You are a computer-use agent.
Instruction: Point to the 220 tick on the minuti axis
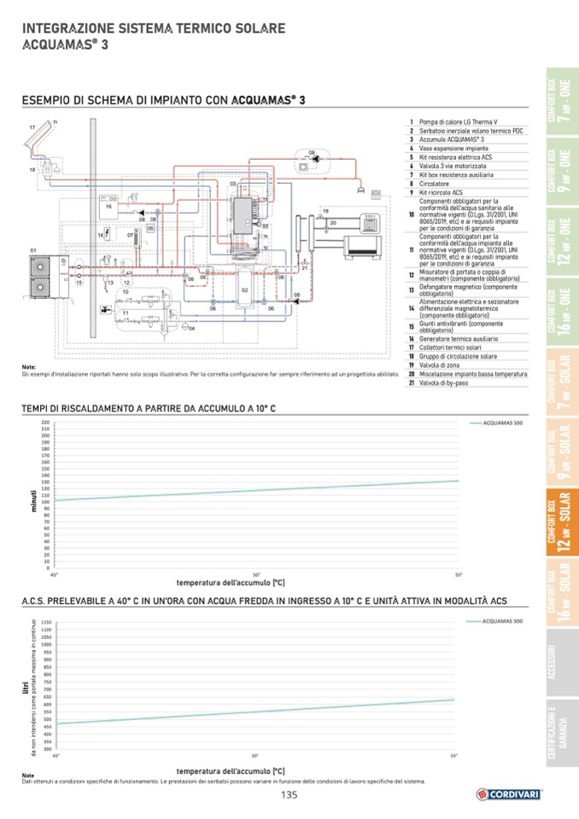pos(44,422)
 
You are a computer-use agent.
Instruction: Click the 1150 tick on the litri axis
pos(46,623)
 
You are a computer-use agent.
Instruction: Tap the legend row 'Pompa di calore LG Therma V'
pos(453,122)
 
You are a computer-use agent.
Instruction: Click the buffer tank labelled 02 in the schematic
pos(245,290)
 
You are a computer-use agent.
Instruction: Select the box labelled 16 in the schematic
pos(110,207)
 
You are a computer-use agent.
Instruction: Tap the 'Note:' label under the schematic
pos(29,367)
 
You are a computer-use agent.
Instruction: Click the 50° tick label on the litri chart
pos(255,756)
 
